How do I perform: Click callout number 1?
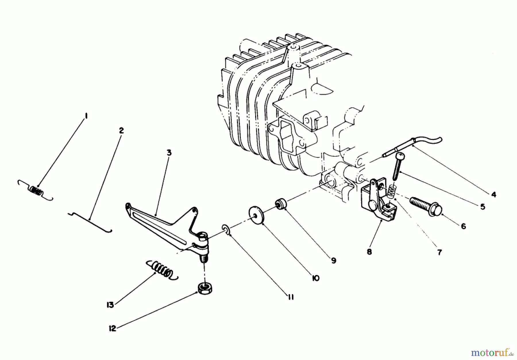click(86, 116)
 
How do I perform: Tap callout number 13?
click(110, 305)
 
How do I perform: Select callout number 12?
click(113, 328)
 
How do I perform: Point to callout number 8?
click(369, 252)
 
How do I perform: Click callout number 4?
click(493, 195)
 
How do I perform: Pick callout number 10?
click(315, 278)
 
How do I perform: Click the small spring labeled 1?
click(36, 191)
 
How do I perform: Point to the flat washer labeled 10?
click(256, 214)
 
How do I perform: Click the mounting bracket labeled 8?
click(376, 202)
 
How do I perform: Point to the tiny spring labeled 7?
click(391, 191)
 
